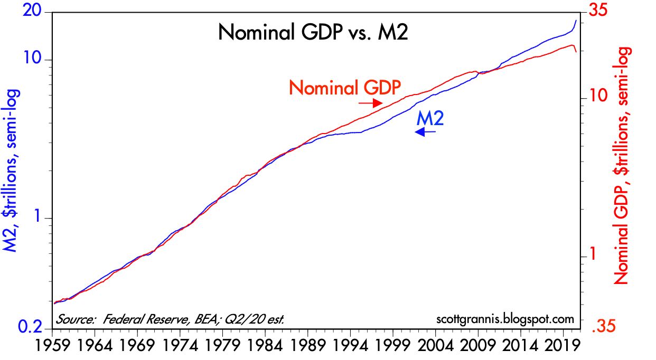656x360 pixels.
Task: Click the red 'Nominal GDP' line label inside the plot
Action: (345, 87)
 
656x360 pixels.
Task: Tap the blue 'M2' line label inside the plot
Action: (430, 118)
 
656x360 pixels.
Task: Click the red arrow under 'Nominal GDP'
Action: (370, 103)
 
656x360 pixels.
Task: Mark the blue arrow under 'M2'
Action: (425, 132)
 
